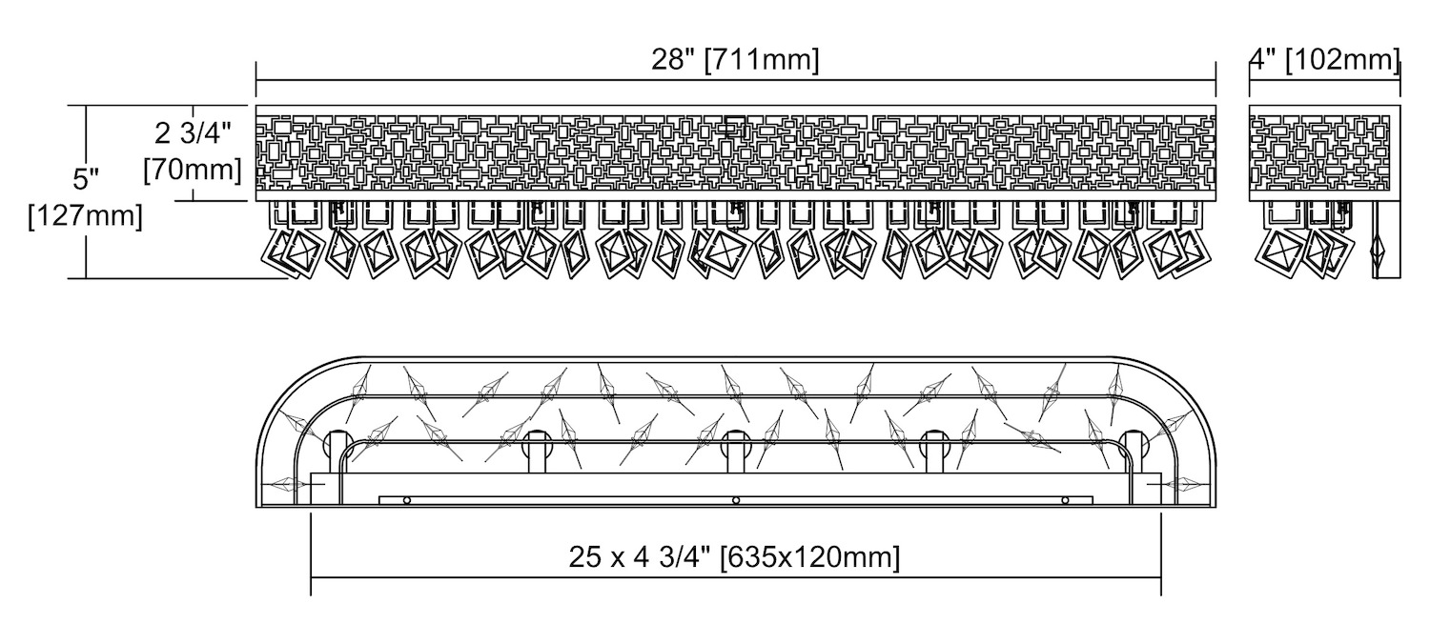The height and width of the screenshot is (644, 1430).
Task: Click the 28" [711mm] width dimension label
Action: (735, 59)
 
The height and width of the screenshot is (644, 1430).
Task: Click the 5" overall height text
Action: (86, 178)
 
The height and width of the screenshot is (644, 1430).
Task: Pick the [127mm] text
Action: (86, 215)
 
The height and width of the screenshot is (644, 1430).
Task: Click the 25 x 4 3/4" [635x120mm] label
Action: (734, 556)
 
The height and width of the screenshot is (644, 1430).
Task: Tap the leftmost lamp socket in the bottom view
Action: (337, 443)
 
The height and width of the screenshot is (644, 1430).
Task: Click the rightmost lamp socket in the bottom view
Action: (1134, 443)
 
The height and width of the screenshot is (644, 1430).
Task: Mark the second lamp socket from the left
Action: (537, 443)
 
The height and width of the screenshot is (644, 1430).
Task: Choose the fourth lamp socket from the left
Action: (934, 443)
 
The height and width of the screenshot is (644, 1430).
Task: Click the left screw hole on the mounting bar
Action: (407, 500)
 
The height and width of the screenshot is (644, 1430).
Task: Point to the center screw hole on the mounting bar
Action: (735, 500)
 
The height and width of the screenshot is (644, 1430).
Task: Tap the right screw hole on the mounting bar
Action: (1065, 500)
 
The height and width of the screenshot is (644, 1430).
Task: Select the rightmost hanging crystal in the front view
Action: (1188, 250)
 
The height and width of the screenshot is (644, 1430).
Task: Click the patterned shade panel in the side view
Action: (1319, 152)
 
